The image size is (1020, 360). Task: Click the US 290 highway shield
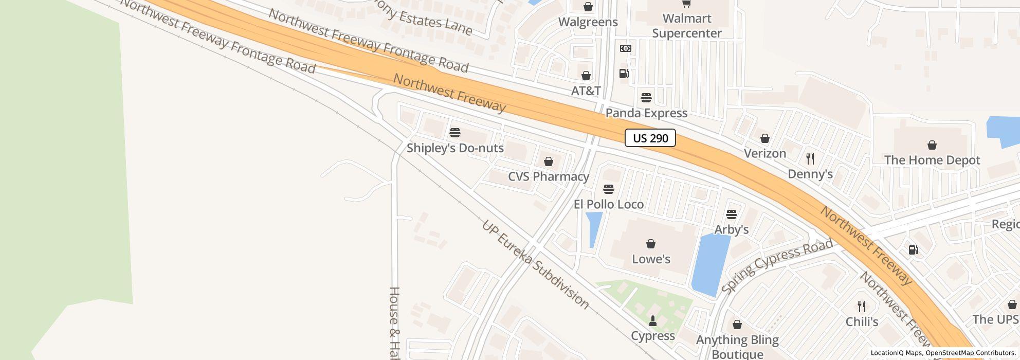pyautogui.click(x=650, y=138)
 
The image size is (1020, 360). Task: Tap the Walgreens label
pyautogui.click(x=588, y=22)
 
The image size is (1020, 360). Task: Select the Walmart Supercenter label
pyautogui.click(x=687, y=26)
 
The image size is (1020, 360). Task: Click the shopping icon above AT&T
pyautogui.click(x=586, y=76)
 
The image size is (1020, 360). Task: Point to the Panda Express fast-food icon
pyautogui.click(x=646, y=97)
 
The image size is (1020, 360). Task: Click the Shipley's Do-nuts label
pyautogui.click(x=455, y=148)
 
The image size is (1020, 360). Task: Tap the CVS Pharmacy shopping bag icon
pyautogui.click(x=549, y=162)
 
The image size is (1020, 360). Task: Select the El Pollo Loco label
pyautogui.click(x=609, y=204)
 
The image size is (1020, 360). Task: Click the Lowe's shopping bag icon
pyautogui.click(x=651, y=244)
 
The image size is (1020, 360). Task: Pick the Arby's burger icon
pyautogui.click(x=732, y=214)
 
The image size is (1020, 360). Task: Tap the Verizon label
pyautogui.click(x=765, y=153)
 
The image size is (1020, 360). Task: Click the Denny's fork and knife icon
pyautogui.click(x=810, y=159)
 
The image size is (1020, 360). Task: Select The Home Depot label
pyautogui.click(x=932, y=160)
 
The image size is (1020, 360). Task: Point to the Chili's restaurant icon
pyautogui.click(x=862, y=307)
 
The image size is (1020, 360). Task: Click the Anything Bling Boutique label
pyautogui.click(x=737, y=347)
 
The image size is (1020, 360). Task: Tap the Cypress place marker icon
pyautogui.click(x=653, y=321)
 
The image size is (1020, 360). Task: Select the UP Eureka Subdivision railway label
pyautogui.click(x=535, y=264)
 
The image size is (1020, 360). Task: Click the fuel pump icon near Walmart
pyautogui.click(x=624, y=74)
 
